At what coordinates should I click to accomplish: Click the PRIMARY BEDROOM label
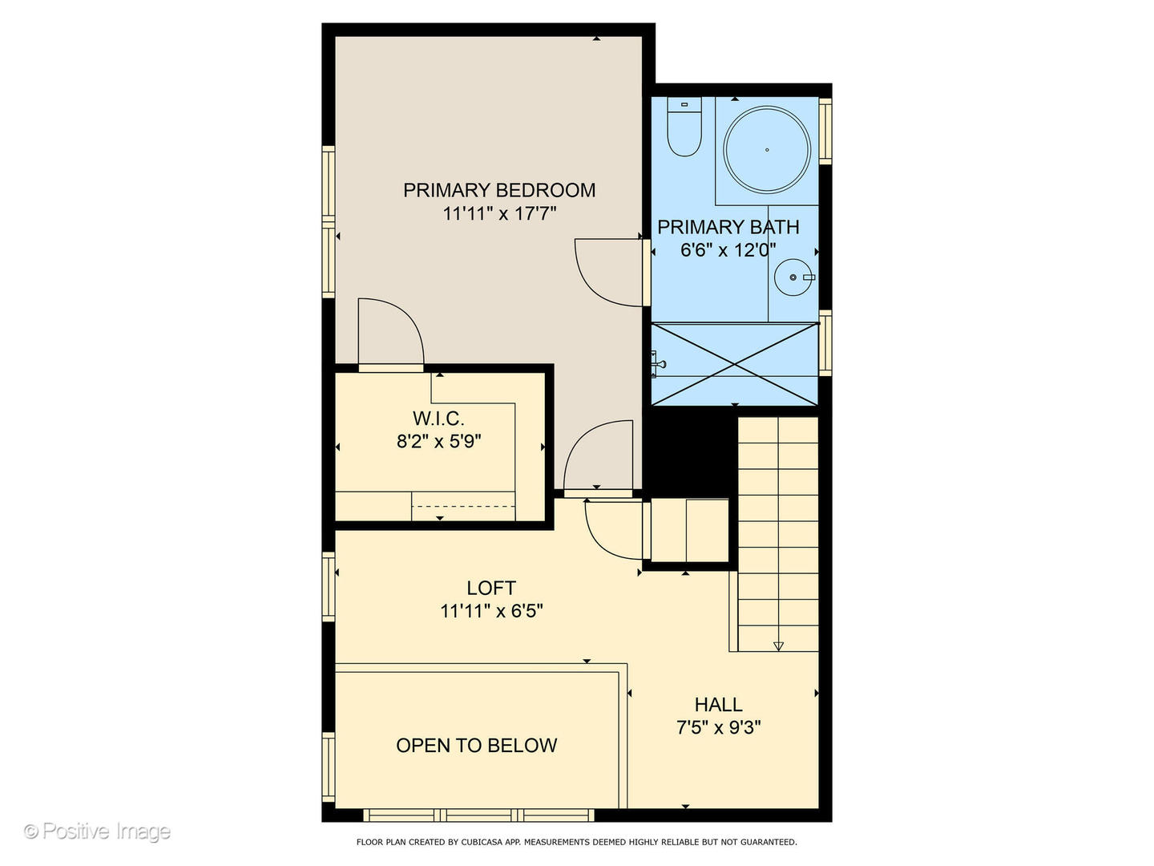pyautogui.click(x=498, y=190)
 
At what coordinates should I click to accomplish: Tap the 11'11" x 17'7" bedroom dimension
pyautogui.click(x=498, y=213)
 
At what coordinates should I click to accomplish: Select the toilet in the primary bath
pyautogui.click(x=684, y=128)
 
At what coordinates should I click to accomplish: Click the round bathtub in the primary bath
pyautogui.click(x=767, y=150)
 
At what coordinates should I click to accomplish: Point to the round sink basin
pyautogui.click(x=794, y=277)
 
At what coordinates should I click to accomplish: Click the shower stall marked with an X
pyautogui.click(x=735, y=364)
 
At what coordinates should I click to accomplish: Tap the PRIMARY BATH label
pyautogui.click(x=728, y=227)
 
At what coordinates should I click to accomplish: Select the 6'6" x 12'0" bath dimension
pyautogui.click(x=728, y=249)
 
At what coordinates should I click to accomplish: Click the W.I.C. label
pyautogui.click(x=438, y=418)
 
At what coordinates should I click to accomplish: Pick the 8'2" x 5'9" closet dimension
pyautogui.click(x=438, y=441)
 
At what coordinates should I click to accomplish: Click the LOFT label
pyautogui.click(x=491, y=588)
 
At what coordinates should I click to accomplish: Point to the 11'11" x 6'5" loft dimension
pyautogui.click(x=491, y=611)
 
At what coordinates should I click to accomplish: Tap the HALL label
pyautogui.click(x=718, y=705)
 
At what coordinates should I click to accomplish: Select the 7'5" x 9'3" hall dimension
pyautogui.click(x=718, y=727)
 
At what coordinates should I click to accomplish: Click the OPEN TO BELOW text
pyautogui.click(x=476, y=745)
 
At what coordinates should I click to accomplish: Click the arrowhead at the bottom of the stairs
pyautogui.click(x=778, y=646)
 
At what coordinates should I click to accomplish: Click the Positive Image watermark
pyautogui.click(x=97, y=832)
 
